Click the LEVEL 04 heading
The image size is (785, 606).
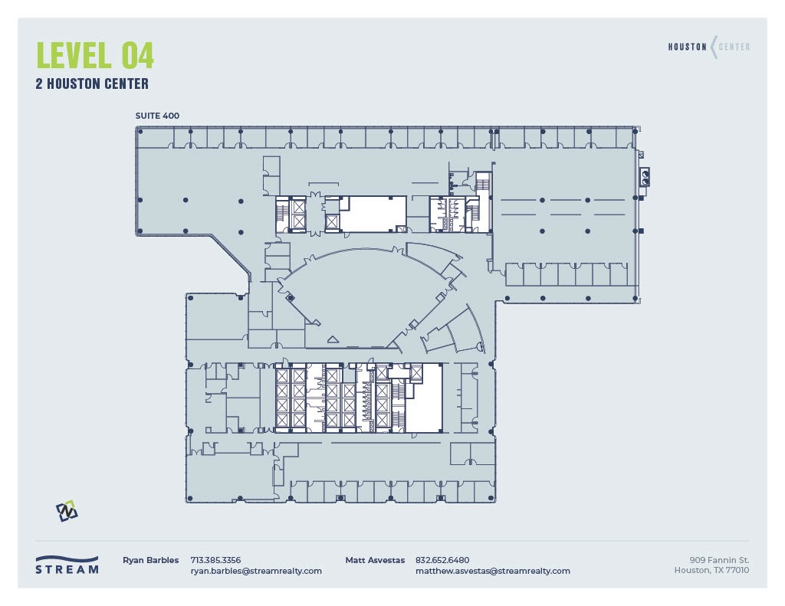point(95,55)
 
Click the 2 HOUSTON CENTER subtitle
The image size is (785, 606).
point(92,84)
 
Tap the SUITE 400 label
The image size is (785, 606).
point(157,116)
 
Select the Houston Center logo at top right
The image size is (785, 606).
point(709,47)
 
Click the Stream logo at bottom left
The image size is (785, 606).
point(67,565)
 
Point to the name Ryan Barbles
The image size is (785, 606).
point(150,560)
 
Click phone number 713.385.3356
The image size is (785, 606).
point(215,560)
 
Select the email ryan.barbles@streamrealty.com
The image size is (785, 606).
point(256,571)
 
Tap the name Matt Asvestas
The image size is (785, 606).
point(375,560)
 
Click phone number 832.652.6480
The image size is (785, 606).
point(442,560)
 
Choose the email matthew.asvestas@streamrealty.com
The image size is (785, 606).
point(492,571)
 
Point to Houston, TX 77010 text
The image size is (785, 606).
point(711,570)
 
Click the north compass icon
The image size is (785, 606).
point(67,511)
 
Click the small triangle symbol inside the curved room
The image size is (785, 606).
point(333,339)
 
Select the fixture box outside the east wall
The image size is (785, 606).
point(645,177)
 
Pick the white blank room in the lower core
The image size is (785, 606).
point(424,398)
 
